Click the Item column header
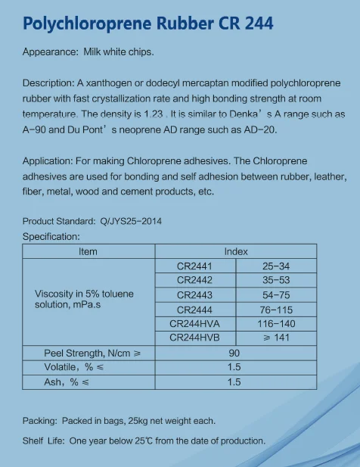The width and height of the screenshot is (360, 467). click(x=88, y=251)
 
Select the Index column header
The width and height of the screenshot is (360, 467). click(x=235, y=251)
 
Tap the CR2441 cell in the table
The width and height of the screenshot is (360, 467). click(x=194, y=266)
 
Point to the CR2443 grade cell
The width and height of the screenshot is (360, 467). click(x=194, y=294)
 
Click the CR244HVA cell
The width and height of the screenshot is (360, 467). click(x=194, y=323)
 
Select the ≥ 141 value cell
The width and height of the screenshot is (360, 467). click(x=276, y=337)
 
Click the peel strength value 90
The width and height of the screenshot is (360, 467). click(x=234, y=353)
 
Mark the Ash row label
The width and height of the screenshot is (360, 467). click(x=61, y=382)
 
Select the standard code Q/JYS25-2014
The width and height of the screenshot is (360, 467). click(x=131, y=222)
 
